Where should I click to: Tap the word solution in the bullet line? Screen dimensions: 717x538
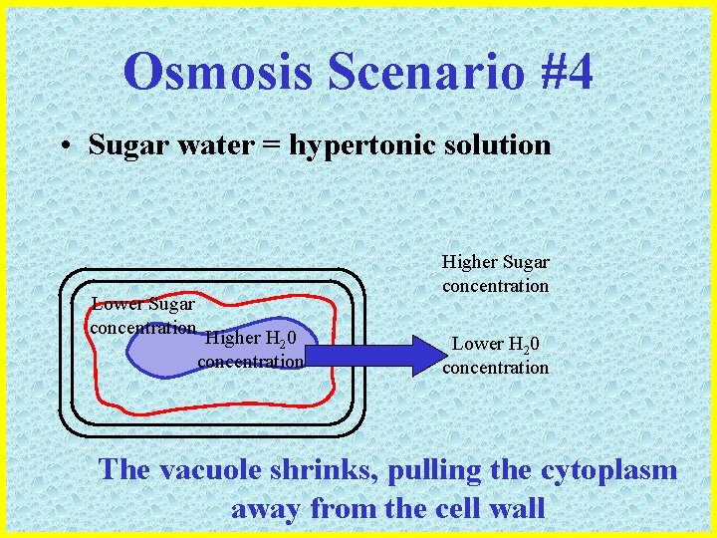(x=502, y=145)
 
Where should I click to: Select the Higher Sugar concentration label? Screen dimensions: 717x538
(x=496, y=274)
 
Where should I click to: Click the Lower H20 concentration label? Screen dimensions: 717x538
(x=496, y=356)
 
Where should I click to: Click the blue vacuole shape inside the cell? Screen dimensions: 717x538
(x=159, y=354)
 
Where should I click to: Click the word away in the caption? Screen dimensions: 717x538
(x=267, y=509)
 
